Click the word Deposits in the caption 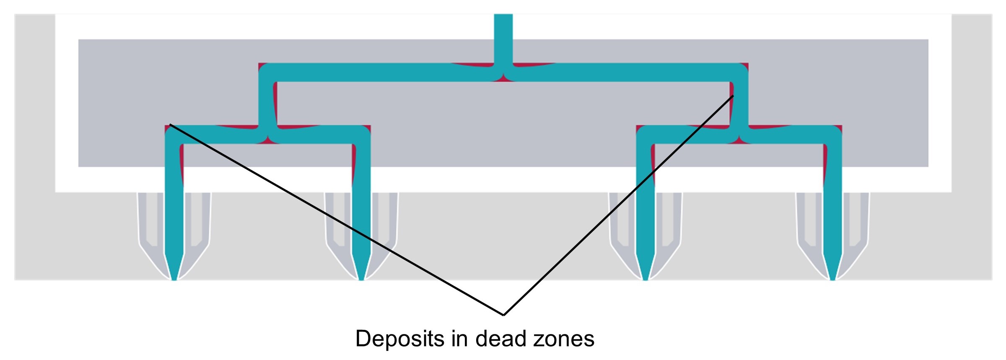point(399,339)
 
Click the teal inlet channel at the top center point(503,38)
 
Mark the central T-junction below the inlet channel point(503,73)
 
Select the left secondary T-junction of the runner point(267,135)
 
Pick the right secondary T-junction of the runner point(739,135)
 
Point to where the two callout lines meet point(503,315)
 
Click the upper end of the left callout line point(170,124)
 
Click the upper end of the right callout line point(733,96)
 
